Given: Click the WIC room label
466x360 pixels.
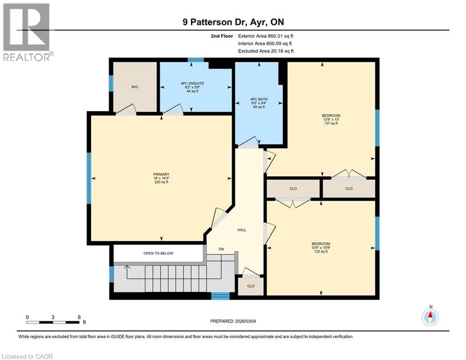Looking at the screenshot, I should pos(135,87).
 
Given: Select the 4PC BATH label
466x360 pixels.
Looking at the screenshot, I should pos(257,99).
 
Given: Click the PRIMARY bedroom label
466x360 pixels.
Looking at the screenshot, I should pos(161,174).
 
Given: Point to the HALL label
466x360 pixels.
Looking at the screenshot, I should pos(242,230).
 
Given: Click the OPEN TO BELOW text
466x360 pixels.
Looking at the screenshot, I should pos(158,253).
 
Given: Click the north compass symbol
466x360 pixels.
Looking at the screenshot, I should pos(429,317).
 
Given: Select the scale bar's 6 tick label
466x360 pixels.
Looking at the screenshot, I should pos(79,317).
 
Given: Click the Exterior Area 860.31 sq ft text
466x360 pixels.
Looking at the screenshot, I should pos(266,36).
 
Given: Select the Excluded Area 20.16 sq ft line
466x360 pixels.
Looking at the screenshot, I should pos(266,51).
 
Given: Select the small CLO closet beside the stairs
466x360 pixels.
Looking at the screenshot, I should pos(251,285).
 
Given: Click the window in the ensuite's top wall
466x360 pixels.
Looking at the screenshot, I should pos(196,60).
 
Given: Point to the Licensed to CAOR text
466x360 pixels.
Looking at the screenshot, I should pos(27,356).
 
